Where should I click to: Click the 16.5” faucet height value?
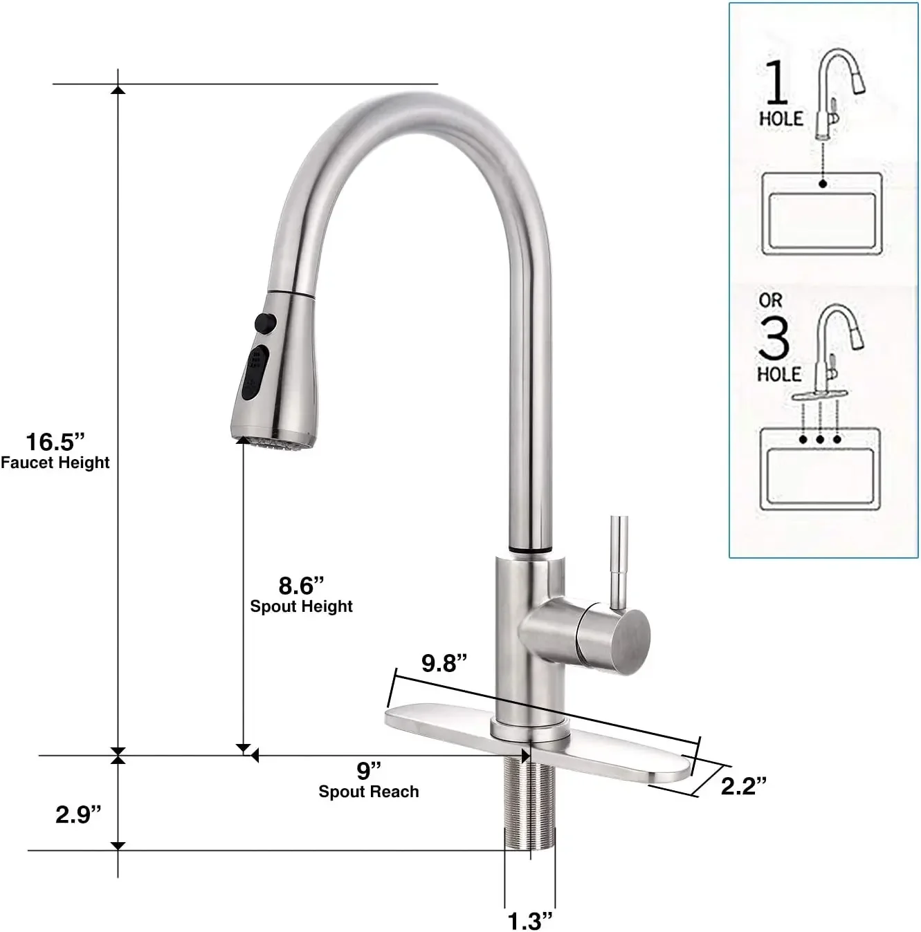tap(55, 442)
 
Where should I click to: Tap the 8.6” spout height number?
tap(301, 586)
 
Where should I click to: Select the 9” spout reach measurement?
tap(369, 770)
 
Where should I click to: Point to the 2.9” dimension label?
tap(78, 814)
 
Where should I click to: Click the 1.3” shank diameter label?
tap(531, 920)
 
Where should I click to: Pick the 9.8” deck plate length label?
tap(444, 663)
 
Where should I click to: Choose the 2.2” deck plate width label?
tap(744, 785)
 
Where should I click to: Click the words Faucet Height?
tap(55, 463)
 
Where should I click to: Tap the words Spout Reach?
tap(369, 792)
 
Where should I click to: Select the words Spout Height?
tap(301, 606)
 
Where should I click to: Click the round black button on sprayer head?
tap(264, 322)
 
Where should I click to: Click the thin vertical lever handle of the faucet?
tap(618, 560)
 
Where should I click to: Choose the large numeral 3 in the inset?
tap(774, 337)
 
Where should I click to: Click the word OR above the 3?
tap(770, 301)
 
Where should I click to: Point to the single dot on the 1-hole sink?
tap(822, 184)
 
